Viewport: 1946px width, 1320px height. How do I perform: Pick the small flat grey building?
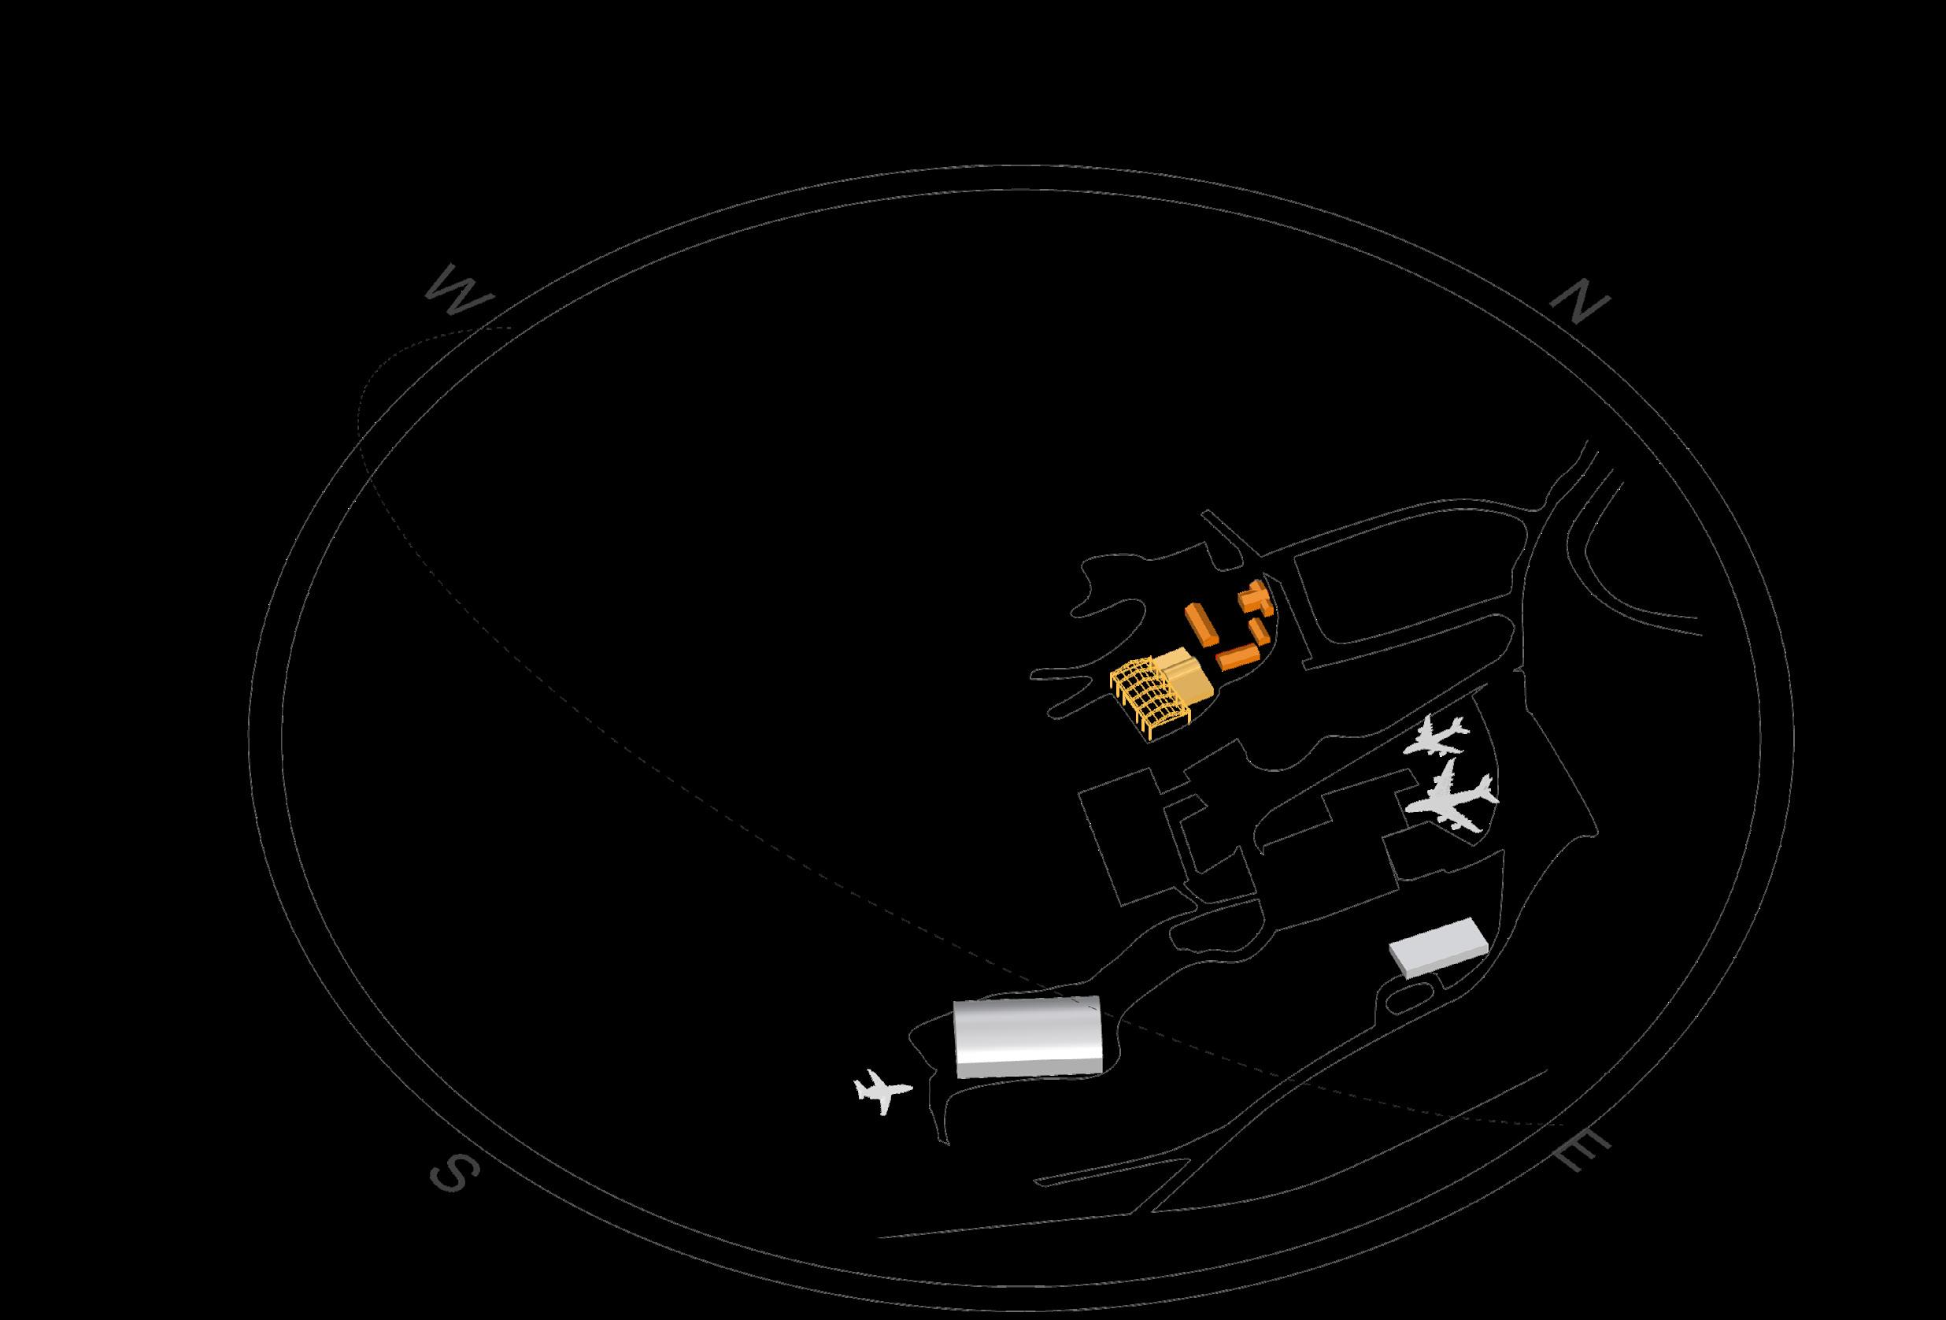pos(1438,946)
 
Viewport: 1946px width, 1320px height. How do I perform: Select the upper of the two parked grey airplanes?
pos(1437,738)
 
